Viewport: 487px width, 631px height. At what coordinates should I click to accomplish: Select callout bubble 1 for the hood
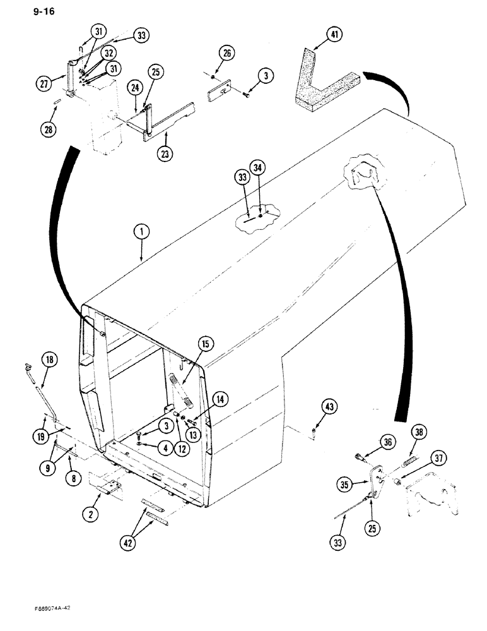click(141, 233)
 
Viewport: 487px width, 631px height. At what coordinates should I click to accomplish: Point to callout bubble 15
click(205, 345)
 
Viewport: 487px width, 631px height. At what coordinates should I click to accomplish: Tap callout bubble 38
click(419, 433)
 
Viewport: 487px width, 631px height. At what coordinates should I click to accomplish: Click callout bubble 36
click(387, 443)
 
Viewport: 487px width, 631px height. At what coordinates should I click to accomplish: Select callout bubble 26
click(228, 54)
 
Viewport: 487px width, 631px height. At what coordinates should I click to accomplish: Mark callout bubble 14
click(220, 399)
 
